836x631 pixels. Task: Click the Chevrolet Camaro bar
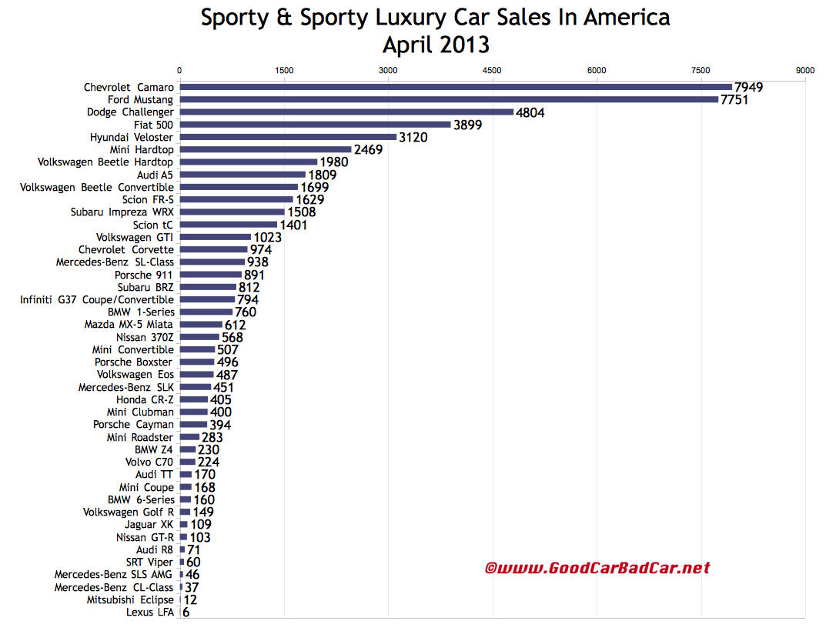(x=456, y=87)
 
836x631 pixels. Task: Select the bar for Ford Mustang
(x=449, y=99)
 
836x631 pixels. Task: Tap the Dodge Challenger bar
(x=346, y=112)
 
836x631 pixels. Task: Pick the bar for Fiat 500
(x=315, y=125)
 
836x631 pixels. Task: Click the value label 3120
(x=413, y=137)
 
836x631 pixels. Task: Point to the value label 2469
(x=368, y=149)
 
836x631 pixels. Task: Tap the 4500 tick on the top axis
(x=492, y=70)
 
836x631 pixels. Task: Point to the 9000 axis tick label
(x=805, y=70)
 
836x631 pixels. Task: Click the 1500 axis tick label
(x=284, y=70)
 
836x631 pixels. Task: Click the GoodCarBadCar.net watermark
(x=597, y=569)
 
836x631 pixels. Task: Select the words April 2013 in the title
(x=436, y=45)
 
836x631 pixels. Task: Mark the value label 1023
(x=267, y=237)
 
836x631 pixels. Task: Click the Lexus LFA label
(x=150, y=613)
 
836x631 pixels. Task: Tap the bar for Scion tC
(x=228, y=225)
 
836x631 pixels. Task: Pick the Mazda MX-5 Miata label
(x=129, y=325)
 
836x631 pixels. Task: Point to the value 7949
(x=748, y=87)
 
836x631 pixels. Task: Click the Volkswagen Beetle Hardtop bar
(x=249, y=162)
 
